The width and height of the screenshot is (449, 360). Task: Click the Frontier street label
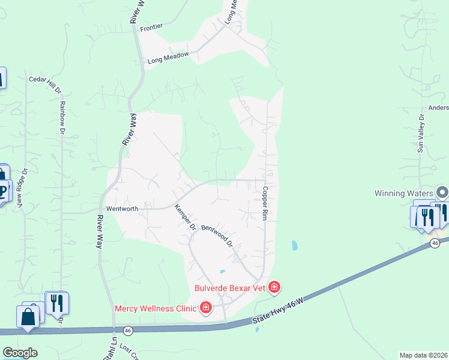tap(151, 28)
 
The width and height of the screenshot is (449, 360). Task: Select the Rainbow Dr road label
tap(62, 117)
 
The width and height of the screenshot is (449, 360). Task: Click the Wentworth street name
tap(122, 209)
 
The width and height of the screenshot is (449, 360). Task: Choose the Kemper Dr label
tap(185, 218)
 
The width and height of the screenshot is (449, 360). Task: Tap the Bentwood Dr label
tap(217, 236)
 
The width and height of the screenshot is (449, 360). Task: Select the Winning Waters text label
tap(403, 193)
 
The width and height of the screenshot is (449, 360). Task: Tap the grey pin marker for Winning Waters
tap(442, 193)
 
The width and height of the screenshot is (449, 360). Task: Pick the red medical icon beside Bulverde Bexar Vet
tap(274, 288)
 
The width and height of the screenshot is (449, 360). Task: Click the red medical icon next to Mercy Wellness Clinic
tap(205, 308)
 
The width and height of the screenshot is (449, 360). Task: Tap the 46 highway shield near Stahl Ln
tap(127, 330)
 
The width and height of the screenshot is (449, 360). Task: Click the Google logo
tap(20, 353)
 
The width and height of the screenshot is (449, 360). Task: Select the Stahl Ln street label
tap(107, 350)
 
